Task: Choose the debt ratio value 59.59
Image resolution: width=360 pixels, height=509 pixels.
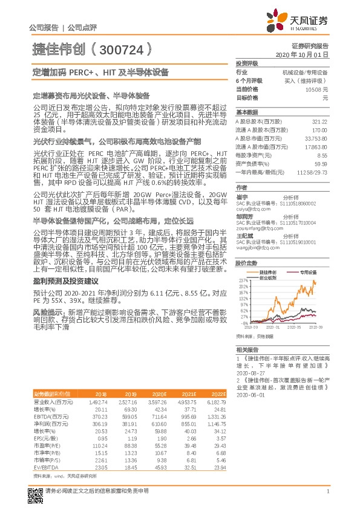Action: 321,163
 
